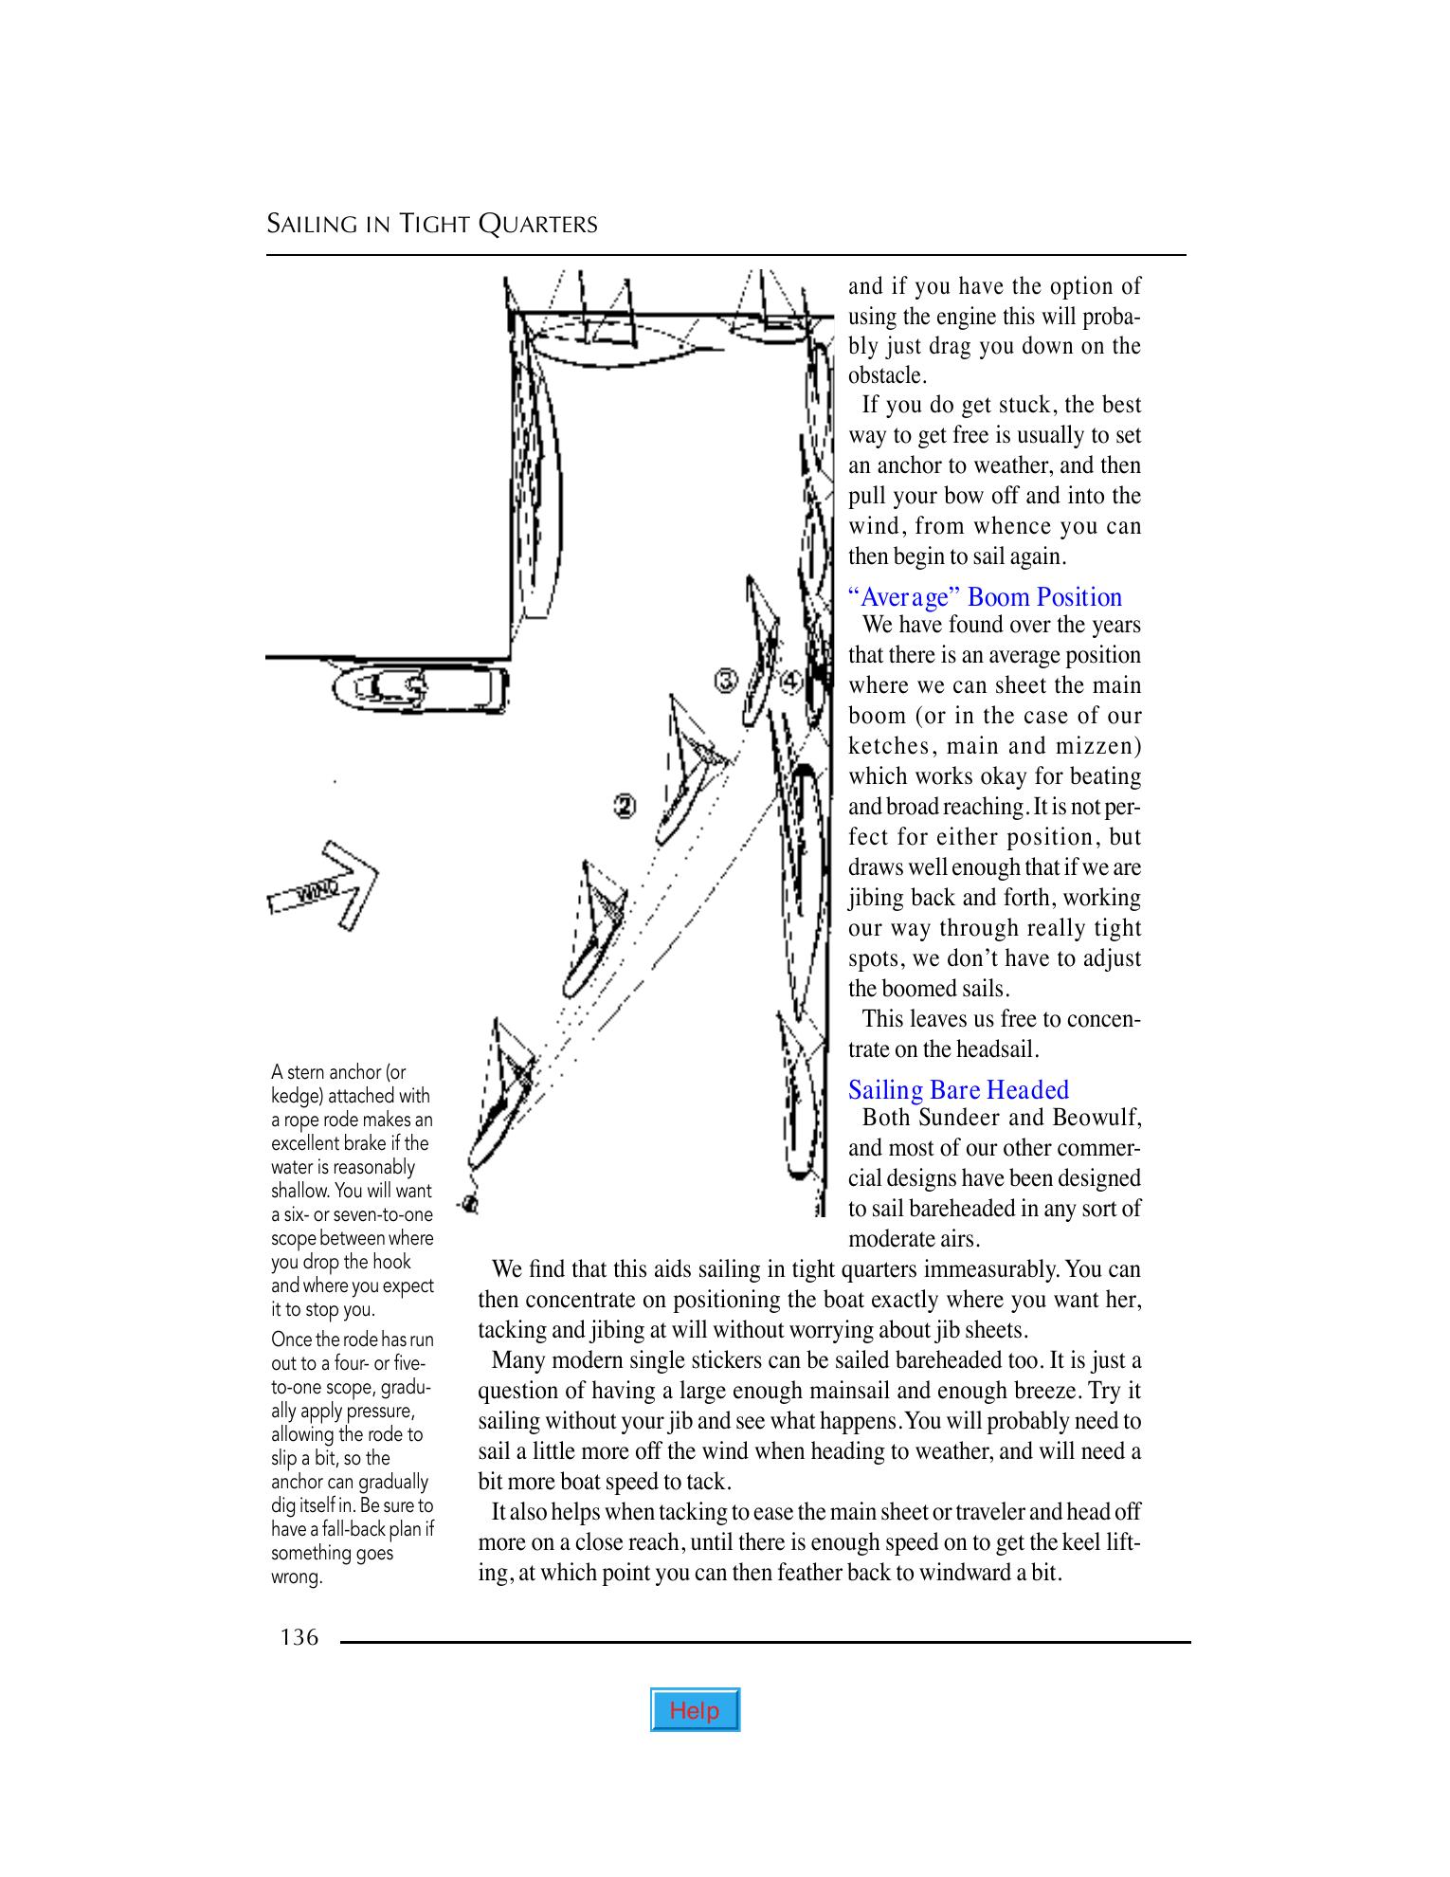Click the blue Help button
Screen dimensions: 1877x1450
point(695,1709)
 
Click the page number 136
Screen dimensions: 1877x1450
point(299,1636)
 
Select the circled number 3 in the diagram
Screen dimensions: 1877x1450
point(726,681)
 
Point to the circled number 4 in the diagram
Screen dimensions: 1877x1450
point(791,681)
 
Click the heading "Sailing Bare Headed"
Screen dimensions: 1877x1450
point(958,1089)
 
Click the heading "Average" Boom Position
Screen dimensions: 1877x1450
point(985,597)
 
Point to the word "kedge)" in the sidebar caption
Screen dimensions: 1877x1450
point(299,1096)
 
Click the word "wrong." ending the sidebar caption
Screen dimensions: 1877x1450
point(298,1577)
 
